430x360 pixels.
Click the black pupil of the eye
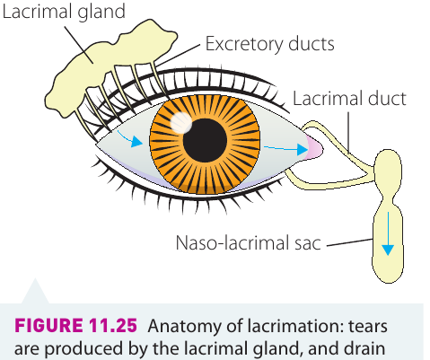coord(205,140)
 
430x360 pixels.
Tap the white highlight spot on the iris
coord(181,123)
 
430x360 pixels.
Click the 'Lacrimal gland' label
coord(64,12)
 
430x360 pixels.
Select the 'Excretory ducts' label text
coord(269,44)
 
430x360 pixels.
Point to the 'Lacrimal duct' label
coord(349,99)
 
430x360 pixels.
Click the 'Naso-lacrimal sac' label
coord(248,242)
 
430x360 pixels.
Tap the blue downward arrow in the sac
coord(388,233)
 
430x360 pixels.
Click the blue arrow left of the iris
coord(130,139)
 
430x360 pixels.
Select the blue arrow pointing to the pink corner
coord(285,148)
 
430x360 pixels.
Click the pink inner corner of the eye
coord(314,148)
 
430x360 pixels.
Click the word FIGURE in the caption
coord(48,326)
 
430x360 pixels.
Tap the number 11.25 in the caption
coord(113,326)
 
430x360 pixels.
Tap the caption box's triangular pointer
coord(35,294)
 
